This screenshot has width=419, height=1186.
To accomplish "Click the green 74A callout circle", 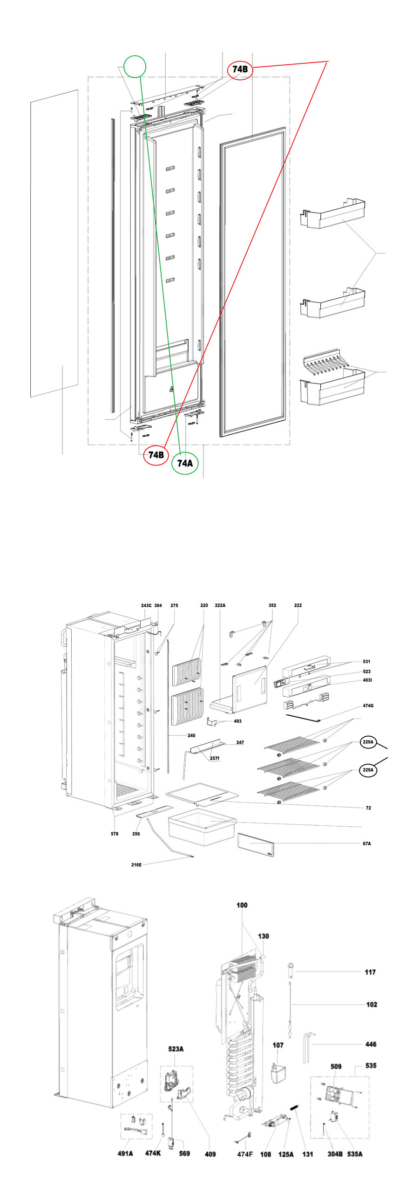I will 185,463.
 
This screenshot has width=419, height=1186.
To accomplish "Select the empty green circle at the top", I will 135,67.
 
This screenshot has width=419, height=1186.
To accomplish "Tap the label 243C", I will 146,605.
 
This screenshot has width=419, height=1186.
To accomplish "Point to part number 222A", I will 220,605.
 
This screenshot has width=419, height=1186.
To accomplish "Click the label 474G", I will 368,706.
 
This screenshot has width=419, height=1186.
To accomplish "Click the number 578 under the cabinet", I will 115,834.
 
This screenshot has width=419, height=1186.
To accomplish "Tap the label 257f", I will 215,758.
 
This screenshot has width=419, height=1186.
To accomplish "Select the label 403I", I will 367,680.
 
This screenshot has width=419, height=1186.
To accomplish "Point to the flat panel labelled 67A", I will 256,845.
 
